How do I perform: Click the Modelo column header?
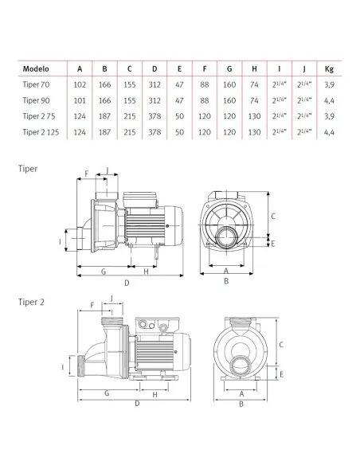coord(36,68)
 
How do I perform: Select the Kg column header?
coord(329,69)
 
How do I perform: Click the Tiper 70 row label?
coord(36,84)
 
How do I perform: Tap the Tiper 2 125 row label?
coord(41,132)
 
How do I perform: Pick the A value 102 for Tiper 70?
coord(80,85)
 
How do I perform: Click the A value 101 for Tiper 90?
coord(80,100)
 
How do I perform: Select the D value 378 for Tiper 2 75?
coord(155,116)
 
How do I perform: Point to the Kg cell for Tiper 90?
coord(329,101)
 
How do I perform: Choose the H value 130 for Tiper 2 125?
coord(254,132)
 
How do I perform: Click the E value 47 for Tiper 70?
coord(179,85)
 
